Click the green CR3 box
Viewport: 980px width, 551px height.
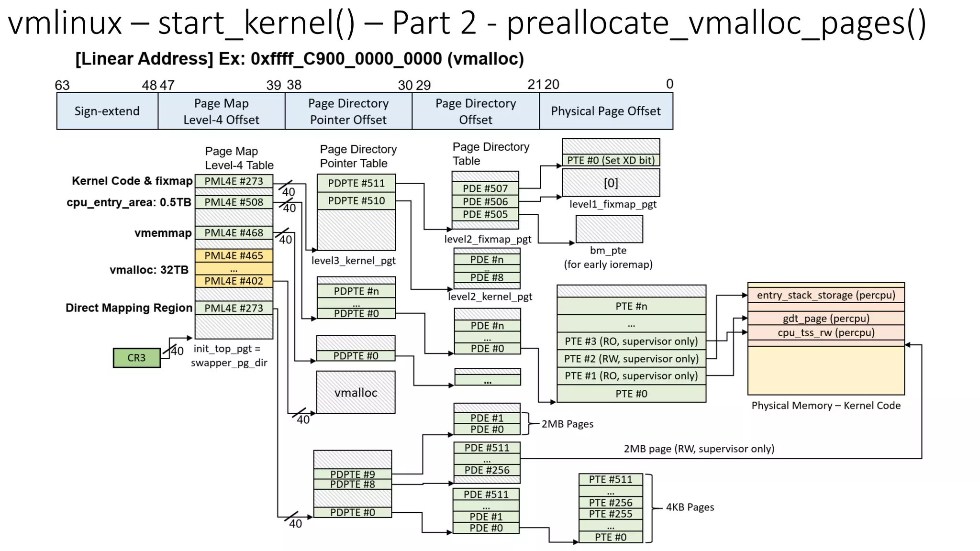(x=136, y=358)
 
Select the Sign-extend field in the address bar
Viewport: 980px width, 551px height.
(x=107, y=111)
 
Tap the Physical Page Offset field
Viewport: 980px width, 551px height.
(x=605, y=111)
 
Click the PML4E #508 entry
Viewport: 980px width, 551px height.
(x=234, y=202)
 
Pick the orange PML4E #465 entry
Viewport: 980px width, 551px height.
(x=234, y=255)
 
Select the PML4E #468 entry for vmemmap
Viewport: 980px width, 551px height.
(x=234, y=233)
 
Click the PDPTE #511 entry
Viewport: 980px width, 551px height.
(x=356, y=183)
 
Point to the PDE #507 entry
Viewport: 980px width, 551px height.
(x=485, y=188)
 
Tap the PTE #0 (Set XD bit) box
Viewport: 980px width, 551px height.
(x=611, y=160)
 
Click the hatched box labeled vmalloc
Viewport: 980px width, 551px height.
(x=356, y=393)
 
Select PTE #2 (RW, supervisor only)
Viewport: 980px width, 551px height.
(x=631, y=359)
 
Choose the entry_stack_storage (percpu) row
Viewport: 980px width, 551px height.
(x=825, y=295)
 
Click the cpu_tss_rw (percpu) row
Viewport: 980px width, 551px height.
(x=825, y=332)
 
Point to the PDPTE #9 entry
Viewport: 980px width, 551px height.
(x=352, y=474)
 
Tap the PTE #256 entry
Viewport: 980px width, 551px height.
(x=610, y=503)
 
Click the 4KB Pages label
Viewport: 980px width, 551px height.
(x=690, y=507)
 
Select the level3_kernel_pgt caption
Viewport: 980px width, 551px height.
(x=353, y=261)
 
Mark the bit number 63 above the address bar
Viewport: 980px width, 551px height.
(x=62, y=85)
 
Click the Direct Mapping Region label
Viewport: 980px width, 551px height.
(x=129, y=308)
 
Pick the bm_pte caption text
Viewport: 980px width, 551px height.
(x=608, y=250)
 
